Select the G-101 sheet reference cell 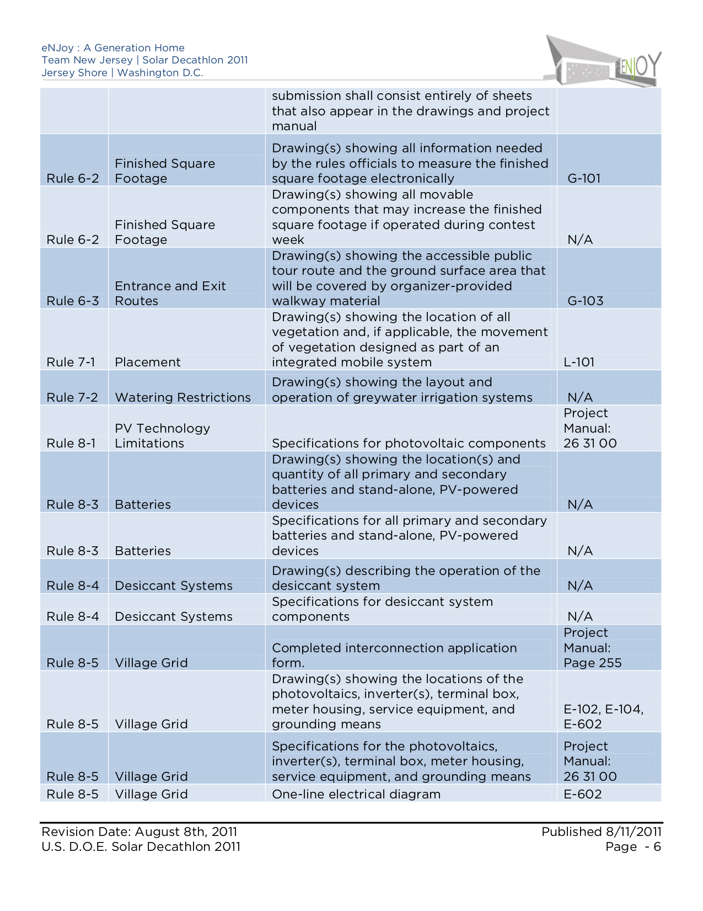[x=583, y=178]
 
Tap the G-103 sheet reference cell [x=585, y=301]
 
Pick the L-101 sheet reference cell [x=579, y=362]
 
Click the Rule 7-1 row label [x=71, y=362]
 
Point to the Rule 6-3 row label [x=72, y=301]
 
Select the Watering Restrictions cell [x=183, y=397]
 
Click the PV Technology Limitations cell [x=162, y=436]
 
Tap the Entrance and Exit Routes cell [x=170, y=294]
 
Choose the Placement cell [x=147, y=362]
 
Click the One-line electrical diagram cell [x=356, y=794]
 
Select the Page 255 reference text [x=592, y=663]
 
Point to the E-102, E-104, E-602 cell [x=603, y=717]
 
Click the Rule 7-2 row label [x=72, y=397]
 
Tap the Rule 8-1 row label [x=71, y=443]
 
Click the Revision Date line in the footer [x=139, y=832]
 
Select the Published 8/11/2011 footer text [x=601, y=832]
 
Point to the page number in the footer [x=632, y=847]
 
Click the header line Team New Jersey [x=144, y=60]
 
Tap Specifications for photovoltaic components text [x=409, y=443]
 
